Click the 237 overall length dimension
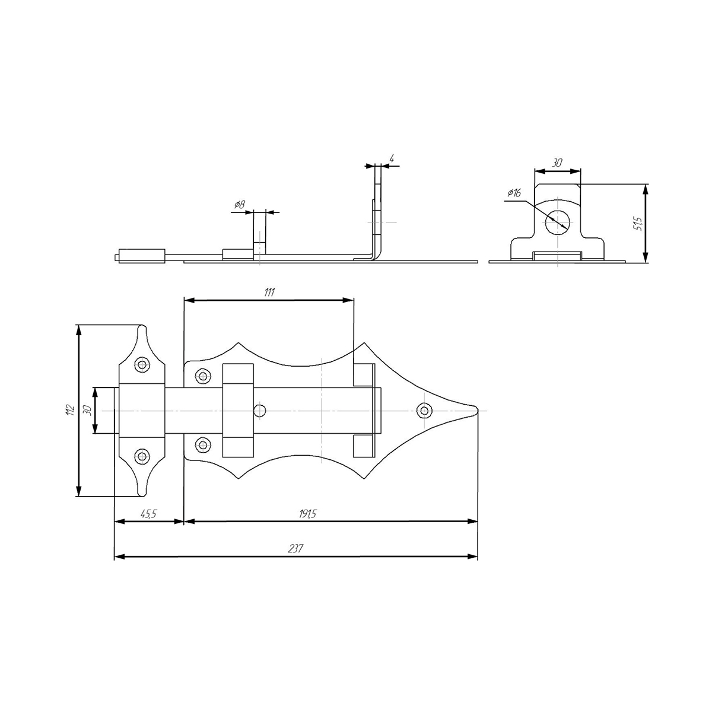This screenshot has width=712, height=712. pos(295,549)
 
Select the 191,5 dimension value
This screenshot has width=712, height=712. pos(307,514)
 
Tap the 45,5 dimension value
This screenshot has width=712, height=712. pos(148,514)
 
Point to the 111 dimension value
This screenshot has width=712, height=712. pos(269,293)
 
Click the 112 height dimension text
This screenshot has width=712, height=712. pos(71,410)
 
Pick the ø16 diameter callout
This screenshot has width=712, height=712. pos(514,192)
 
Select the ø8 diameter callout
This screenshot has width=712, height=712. pos(240,204)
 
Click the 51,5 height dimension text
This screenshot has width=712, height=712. pos(638,224)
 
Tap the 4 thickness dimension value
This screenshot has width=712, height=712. pos(392,159)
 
